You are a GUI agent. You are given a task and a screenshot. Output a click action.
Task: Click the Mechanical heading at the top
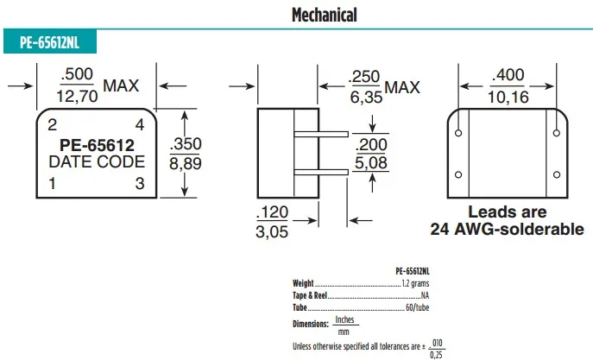(324, 16)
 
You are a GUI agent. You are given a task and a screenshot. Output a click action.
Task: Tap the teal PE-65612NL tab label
(49, 42)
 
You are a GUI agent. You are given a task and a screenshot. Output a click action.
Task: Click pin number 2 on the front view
(53, 125)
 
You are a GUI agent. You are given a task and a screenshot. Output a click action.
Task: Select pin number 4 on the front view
(140, 125)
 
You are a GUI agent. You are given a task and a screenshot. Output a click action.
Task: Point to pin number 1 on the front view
(52, 183)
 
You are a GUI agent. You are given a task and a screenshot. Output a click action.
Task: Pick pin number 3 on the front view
(140, 183)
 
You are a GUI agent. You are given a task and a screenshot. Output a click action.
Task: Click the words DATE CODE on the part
(97, 161)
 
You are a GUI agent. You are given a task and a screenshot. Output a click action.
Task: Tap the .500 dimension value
(77, 74)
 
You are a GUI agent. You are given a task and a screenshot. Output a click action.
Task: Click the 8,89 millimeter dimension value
(186, 164)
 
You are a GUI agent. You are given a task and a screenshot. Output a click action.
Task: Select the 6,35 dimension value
(366, 98)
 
